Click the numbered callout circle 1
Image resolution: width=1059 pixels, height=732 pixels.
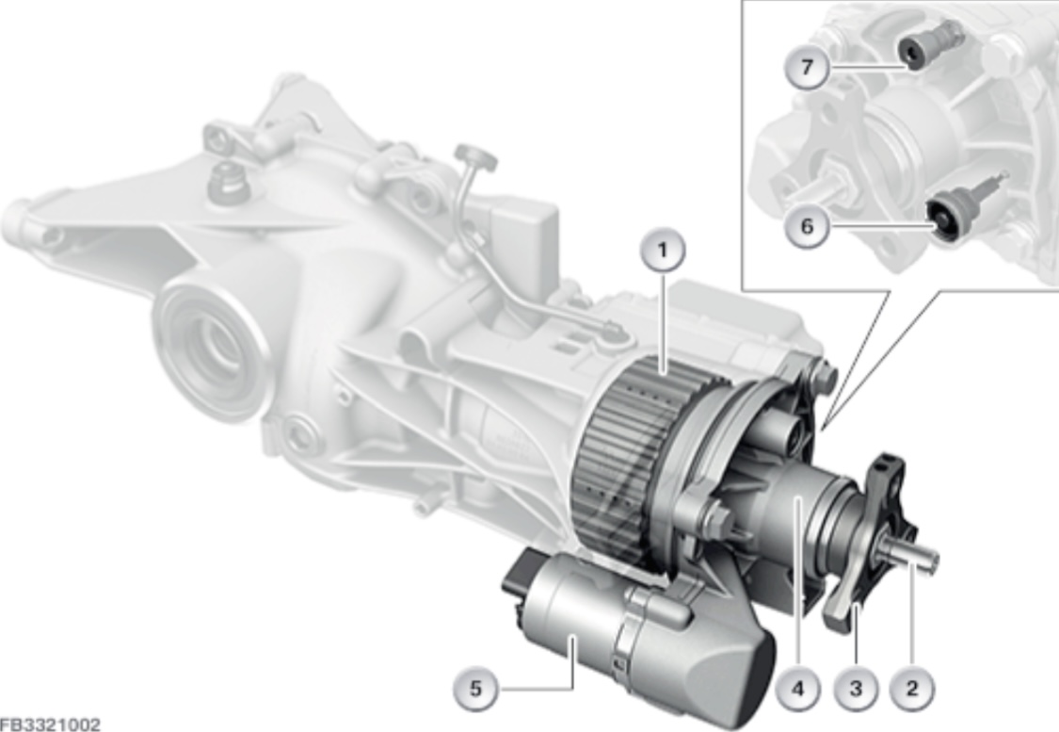662,251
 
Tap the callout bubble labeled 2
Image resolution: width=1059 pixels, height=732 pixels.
912,688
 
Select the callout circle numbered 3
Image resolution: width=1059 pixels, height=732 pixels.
856,688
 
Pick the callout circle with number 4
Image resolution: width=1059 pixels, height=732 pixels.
798,688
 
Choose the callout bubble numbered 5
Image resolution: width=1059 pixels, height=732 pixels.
476,689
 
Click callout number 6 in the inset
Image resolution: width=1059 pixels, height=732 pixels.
807,226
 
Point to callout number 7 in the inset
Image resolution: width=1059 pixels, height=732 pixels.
807,68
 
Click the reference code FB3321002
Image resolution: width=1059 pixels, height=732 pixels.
50,724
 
